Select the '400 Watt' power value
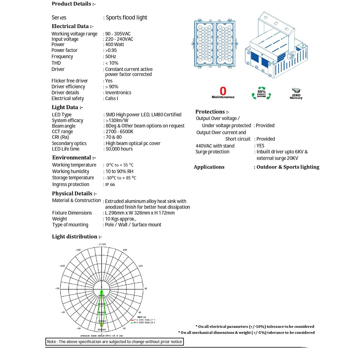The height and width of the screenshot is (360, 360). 115,45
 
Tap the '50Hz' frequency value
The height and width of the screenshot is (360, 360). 111,57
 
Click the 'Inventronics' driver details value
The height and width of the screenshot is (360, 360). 118,93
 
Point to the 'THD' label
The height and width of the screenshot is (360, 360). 56,63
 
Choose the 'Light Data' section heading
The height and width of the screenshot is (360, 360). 67,107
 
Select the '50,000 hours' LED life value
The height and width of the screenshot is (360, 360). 119,149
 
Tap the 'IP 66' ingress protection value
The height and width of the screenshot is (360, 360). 110,185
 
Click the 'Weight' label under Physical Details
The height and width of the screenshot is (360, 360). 60,219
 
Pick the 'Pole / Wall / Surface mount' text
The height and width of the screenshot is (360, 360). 133,225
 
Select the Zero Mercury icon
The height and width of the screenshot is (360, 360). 296,93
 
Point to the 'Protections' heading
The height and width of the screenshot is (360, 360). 212,112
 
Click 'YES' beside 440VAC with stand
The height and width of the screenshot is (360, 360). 261,146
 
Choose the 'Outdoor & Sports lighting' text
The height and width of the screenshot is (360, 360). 288,167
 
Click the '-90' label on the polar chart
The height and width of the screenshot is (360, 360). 57,289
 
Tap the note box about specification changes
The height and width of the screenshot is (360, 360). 115,342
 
